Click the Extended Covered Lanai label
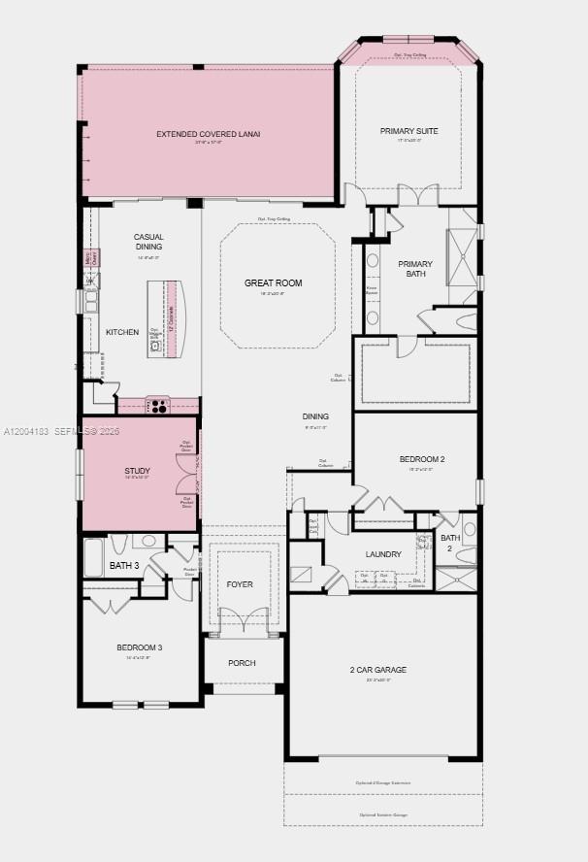[x=209, y=133]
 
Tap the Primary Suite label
[x=408, y=130]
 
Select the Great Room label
[x=273, y=283]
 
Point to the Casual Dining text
[x=148, y=242]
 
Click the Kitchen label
[x=122, y=332]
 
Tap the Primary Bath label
[x=415, y=269]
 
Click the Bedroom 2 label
[x=422, y=459]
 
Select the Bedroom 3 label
[x=140, y=647]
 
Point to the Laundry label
[x=383, y=554]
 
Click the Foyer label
[x=240, y=584]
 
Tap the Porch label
[x=242, y=663]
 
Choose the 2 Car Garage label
[x=378, y=670]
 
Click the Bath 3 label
[x=124, y=565]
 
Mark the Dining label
[x=315, y=417]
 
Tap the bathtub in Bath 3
[x=94, y=556]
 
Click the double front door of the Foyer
[x=241, y=619]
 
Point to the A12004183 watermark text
[x=27, y=430]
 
